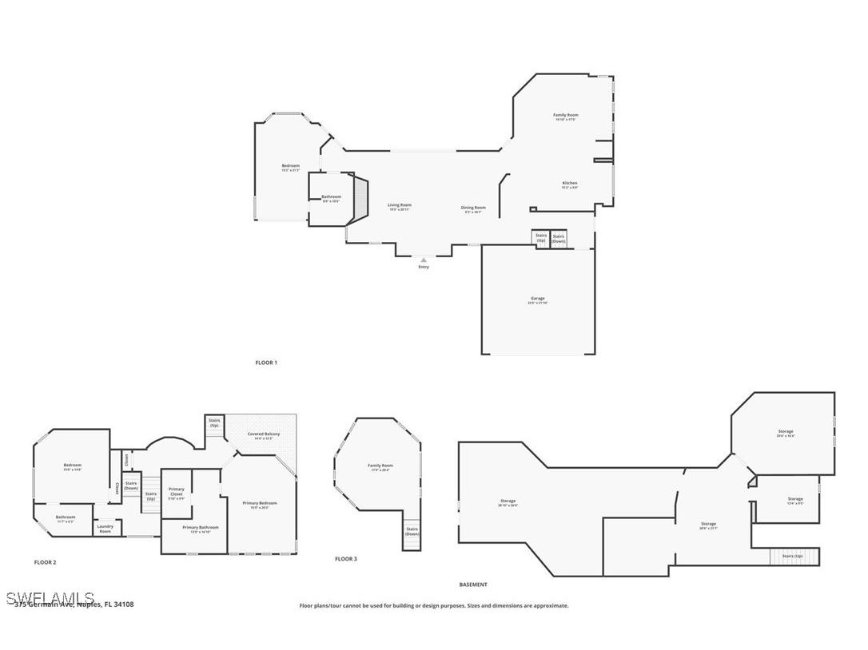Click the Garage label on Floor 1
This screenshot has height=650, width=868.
click(x=537, y=299)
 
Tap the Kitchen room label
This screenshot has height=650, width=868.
click(x=569, y=184)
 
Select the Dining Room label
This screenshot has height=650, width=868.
click(x=473, y=208)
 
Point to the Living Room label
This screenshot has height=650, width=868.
click(x=400, y=206)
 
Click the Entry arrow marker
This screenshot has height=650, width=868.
click(x=424, y=260)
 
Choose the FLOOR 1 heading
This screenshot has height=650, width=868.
click(x=266, y=363)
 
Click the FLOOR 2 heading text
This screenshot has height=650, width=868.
click(x=46, y=562)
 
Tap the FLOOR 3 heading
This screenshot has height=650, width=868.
click(x=346, y=559)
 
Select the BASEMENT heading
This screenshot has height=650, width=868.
click(x=473, y=585)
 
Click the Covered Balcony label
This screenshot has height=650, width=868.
click(x=264, y=435)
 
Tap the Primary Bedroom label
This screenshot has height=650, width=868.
click(x=260, y=504)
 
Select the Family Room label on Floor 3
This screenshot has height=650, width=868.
click(x=380, y=466)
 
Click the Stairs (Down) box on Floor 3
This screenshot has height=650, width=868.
click(x=412, y=531)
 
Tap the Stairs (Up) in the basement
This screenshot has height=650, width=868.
click(x=793, y=556)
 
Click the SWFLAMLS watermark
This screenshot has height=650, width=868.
click(x=50, y=598)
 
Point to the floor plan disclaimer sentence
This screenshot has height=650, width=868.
click(x=434, y=605)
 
